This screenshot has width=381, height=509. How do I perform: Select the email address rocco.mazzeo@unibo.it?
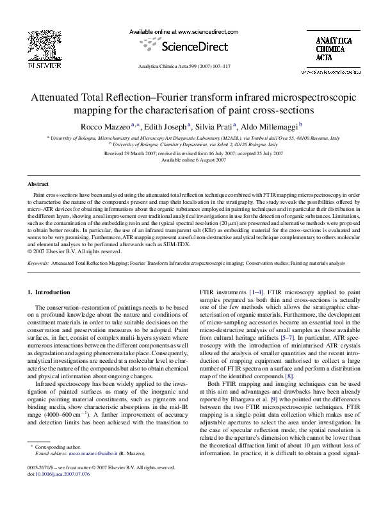(91, 471)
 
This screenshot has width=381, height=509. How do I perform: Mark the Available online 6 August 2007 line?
(190, 160)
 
